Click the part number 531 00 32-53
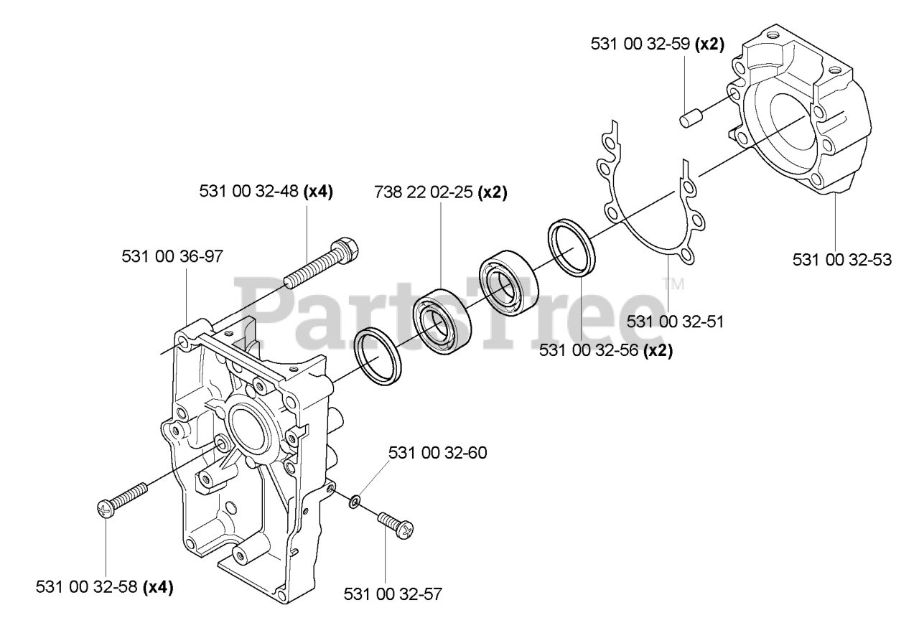coord(842,260)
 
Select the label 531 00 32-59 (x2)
coord(657,44)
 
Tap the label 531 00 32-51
coord(674,322)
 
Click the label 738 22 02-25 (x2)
coord(441,193)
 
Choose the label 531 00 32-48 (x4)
coord(266,192)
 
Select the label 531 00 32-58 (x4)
coord(104,587)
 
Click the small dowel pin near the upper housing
coord(690,117)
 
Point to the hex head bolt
coord(322,262)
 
